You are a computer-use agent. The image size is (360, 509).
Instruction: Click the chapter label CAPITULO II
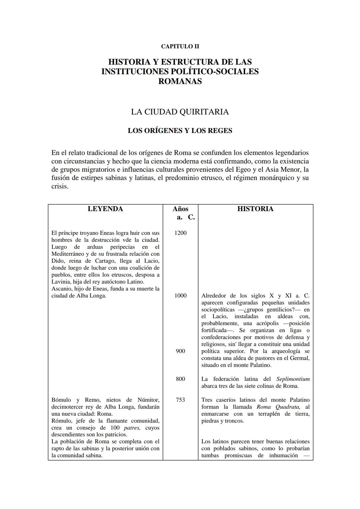tap(180, 47)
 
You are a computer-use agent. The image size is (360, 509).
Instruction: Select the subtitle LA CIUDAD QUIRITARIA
tap(180, 112)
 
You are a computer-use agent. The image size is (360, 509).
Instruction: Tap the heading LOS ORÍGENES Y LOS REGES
tap(180, 131)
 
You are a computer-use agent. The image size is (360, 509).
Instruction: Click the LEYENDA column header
tap(105, 209)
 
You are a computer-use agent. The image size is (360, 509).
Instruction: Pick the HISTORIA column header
tap(255, 209)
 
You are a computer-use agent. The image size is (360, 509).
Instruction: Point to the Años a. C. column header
tap(181, 213)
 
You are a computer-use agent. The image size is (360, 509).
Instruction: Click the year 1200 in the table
tap(180, 233)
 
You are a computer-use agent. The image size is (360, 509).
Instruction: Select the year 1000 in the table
tap(180, 295)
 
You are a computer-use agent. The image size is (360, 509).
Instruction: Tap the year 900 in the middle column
tap(180, 351)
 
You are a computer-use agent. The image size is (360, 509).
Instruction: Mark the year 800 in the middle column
tap(180, 379)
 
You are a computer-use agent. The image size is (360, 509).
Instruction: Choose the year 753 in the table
tap(180, 400)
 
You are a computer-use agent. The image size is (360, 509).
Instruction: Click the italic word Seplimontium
tap(293, 379)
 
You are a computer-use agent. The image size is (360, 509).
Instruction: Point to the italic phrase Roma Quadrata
tap(279, 407)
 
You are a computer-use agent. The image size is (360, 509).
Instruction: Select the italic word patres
tap(132, 428)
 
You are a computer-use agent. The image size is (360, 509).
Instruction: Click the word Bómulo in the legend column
tap(61, 400)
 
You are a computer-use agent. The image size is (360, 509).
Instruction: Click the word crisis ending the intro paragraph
tap(60, 186)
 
